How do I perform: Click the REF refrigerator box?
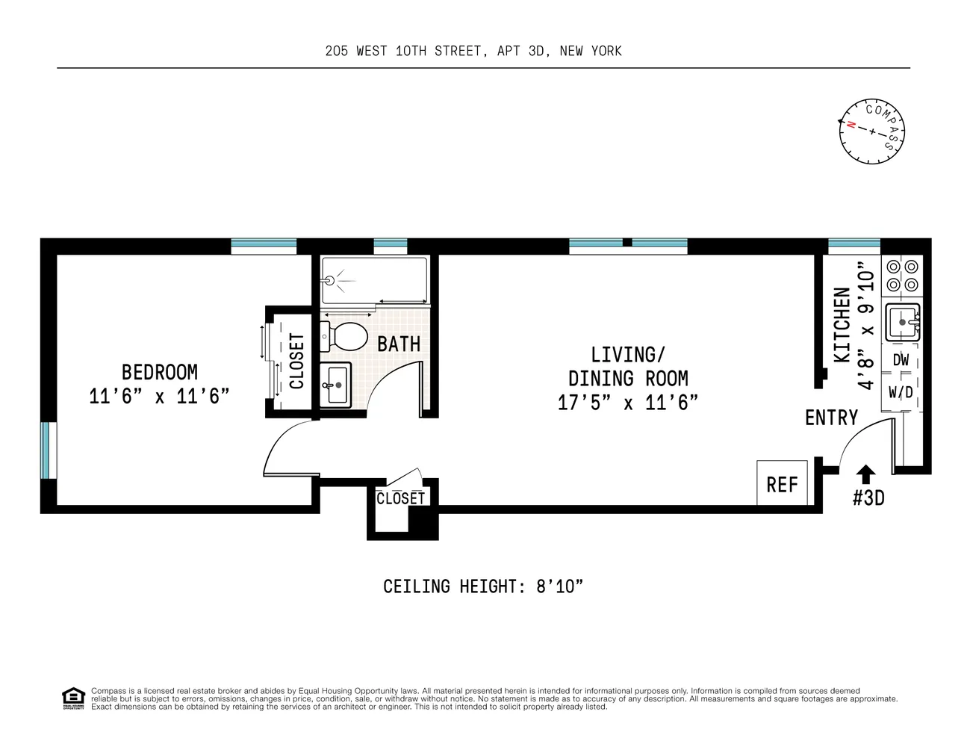point(781,483)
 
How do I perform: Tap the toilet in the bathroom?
point(343,337)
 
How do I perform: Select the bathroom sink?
point(335,385)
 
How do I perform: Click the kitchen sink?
point(903,322)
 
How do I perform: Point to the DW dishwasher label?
point(901,360)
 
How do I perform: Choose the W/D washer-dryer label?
point(901,392)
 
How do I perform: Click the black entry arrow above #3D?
point(865,474)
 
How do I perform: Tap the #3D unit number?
point(868,498)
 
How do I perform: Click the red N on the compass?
point(851,125)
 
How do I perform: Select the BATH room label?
point(399,344)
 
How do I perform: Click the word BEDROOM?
point(159,372)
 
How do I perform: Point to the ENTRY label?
point(831,418)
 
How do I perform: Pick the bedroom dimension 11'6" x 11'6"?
point(159,396)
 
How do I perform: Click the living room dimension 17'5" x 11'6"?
point(628,403)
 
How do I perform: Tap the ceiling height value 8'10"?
point(559,586)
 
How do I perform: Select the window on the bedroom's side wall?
point(49,450)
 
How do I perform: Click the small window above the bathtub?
point(391,246)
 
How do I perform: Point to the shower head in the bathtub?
point(330,280)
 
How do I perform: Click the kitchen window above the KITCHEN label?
point(854,246)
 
